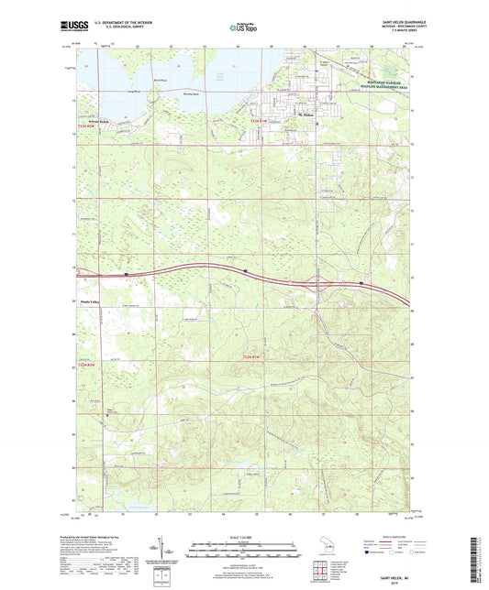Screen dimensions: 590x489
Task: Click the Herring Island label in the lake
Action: [190, 94]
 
